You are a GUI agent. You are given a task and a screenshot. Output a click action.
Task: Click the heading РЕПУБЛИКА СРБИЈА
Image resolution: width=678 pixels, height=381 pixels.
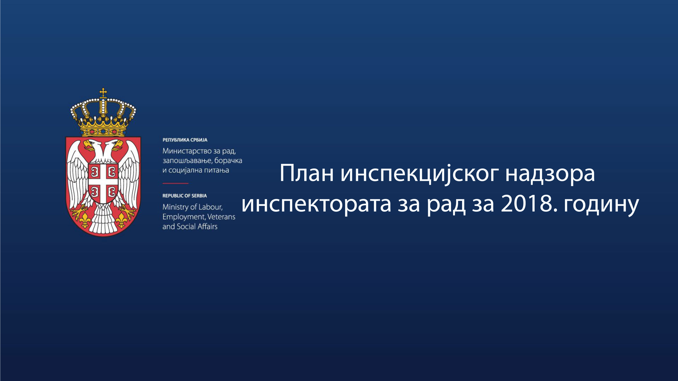pyautogui.click(x=185, y=140)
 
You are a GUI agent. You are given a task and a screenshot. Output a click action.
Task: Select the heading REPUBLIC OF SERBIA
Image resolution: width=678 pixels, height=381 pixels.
pyautogui.click(x=185, y=196)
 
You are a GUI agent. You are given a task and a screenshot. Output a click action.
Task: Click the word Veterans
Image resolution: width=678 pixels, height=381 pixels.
pyautogui.click(x=221, y=217)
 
